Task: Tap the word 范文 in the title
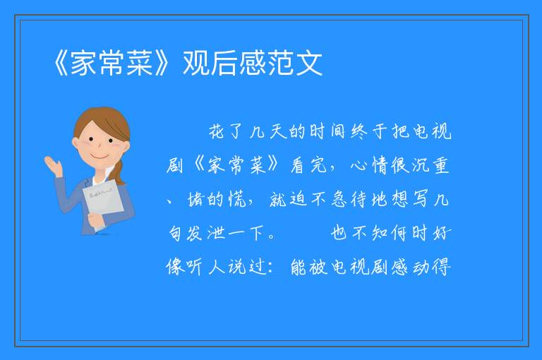295,63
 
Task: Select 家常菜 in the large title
112,63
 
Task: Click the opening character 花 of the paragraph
217,131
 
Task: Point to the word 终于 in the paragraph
369,131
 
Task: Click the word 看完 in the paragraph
308,165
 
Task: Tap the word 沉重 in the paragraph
430,165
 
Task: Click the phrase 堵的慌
217,199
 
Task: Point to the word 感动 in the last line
411,267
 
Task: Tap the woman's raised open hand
54,165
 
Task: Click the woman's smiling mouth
100,157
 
